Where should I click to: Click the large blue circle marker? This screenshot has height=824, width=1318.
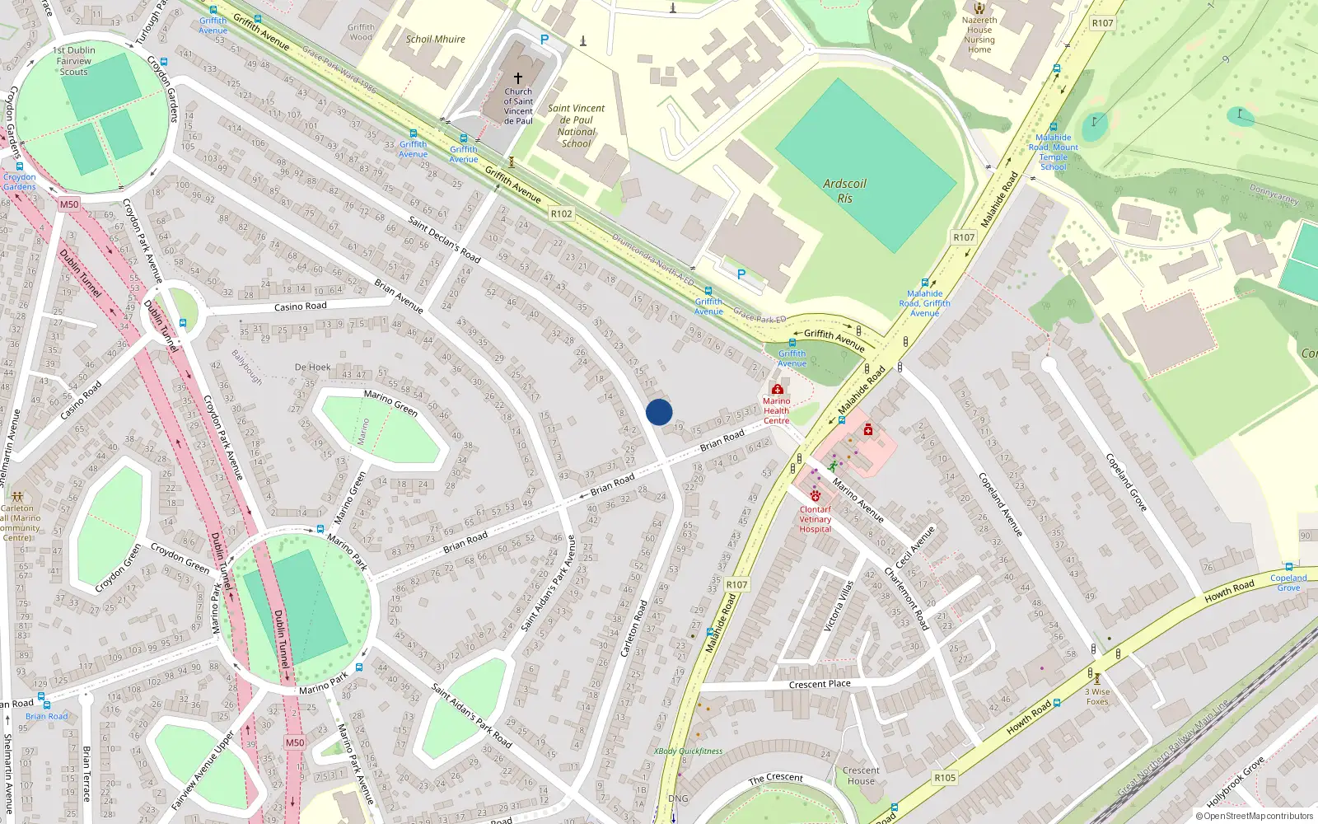(659, 412)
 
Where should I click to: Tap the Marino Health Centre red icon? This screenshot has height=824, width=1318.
(777, 389)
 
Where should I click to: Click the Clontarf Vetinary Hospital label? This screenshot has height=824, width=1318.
(815, 519)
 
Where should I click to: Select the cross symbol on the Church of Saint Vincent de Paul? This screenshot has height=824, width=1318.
(518, 77)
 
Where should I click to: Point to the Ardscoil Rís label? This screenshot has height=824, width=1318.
(844, 191)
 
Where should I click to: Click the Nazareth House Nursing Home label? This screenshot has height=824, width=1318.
(979, 35)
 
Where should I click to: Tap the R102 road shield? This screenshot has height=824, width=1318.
(561, 213)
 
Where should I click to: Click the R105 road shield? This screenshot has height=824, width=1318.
(945, 778)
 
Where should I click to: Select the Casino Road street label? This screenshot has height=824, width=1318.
(300, 307)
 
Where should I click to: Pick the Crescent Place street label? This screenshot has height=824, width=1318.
(820, 684)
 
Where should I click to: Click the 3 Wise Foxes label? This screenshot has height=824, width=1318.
(1097, 696)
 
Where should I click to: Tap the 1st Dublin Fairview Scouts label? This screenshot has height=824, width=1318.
(74, 61)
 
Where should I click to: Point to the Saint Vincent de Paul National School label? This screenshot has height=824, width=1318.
(576, 125)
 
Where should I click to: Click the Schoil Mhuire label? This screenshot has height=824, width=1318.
(435, 39)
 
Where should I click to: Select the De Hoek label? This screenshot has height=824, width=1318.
(312, 368)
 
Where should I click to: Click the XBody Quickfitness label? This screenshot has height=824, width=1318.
(688, 751)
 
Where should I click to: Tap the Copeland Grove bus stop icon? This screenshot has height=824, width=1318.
(1288, 567)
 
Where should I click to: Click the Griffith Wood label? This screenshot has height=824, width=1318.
(361, 32)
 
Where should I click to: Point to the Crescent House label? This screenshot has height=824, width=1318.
(861, 775)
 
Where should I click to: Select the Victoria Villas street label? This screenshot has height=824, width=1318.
(839, 606)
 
